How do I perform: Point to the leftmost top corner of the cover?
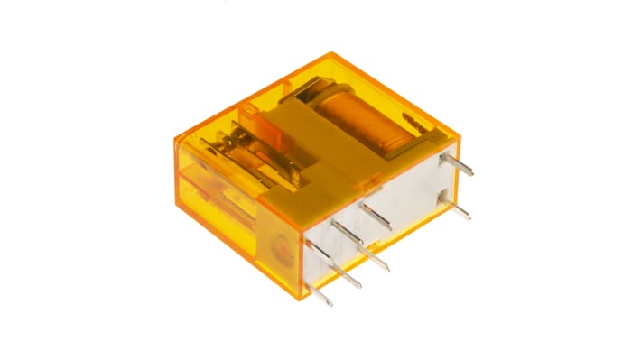(x=174, y=138)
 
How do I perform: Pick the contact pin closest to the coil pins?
(x=376, y=217)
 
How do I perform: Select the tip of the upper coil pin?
(x=472, y=174)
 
